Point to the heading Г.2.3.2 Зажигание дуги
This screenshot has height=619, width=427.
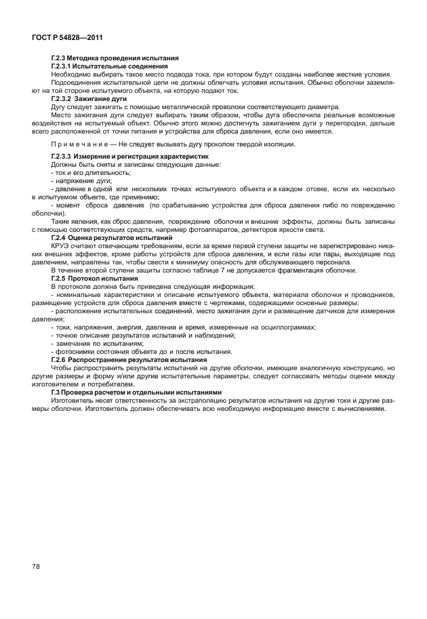(x=89, y=99)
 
